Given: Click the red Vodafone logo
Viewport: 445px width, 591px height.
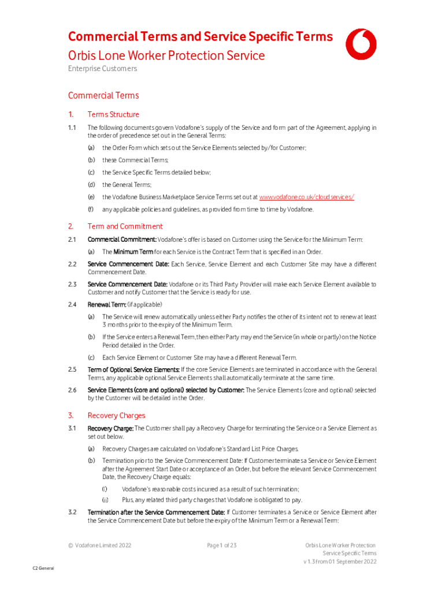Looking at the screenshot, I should [x=362, y=44].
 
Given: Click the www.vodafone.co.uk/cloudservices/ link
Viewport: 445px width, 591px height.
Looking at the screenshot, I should [x=306, y=197].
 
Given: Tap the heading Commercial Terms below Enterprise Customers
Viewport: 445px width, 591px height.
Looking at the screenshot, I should [x=103, y=95].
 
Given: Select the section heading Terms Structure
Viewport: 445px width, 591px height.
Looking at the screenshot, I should [x=113, y=114].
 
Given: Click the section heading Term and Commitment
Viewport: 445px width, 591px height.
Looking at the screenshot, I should [x=125, y=226].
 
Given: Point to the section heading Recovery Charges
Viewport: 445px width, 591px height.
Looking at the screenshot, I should [x=116, y=416].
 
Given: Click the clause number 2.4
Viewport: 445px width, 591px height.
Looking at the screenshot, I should [x=72, y=304].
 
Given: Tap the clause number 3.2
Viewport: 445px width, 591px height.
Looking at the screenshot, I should [x=72, y=512].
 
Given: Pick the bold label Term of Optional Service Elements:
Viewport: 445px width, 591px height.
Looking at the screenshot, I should [x=133, y=369].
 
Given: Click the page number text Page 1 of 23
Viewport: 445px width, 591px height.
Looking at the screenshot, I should [x=222, y=545].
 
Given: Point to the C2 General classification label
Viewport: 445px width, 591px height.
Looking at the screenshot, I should [x=43, y=568].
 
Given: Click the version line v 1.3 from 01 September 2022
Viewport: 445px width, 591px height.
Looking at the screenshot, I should [x=340, y=562].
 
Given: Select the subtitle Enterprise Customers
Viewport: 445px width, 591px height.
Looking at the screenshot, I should [x=102, y=69].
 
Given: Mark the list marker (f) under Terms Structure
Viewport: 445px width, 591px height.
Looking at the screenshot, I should [x=91, y=210].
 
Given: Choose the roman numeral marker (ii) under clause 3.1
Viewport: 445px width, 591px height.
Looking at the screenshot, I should [x=106, y=500].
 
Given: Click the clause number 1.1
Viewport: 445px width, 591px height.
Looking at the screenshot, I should [x=72, y=127].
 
